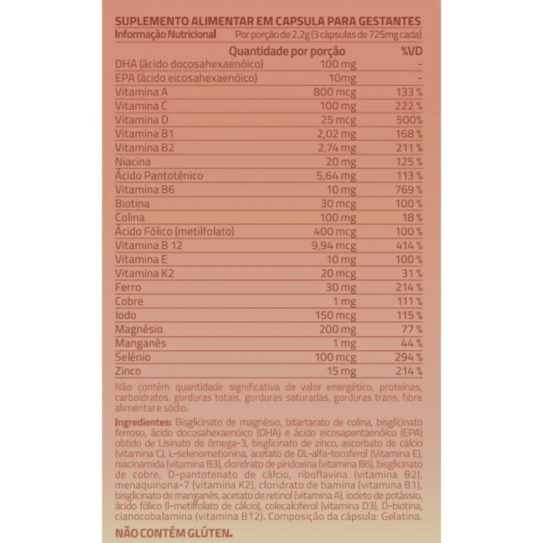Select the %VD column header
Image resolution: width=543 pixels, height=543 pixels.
[x=411, y=51]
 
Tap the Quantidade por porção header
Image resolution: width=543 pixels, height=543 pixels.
[x=287, y=51]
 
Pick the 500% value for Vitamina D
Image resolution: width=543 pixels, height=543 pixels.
[x=410, y=120]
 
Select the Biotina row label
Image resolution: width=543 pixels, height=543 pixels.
[x=132, y=203]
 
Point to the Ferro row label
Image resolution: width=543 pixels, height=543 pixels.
[x=127, y=287]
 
